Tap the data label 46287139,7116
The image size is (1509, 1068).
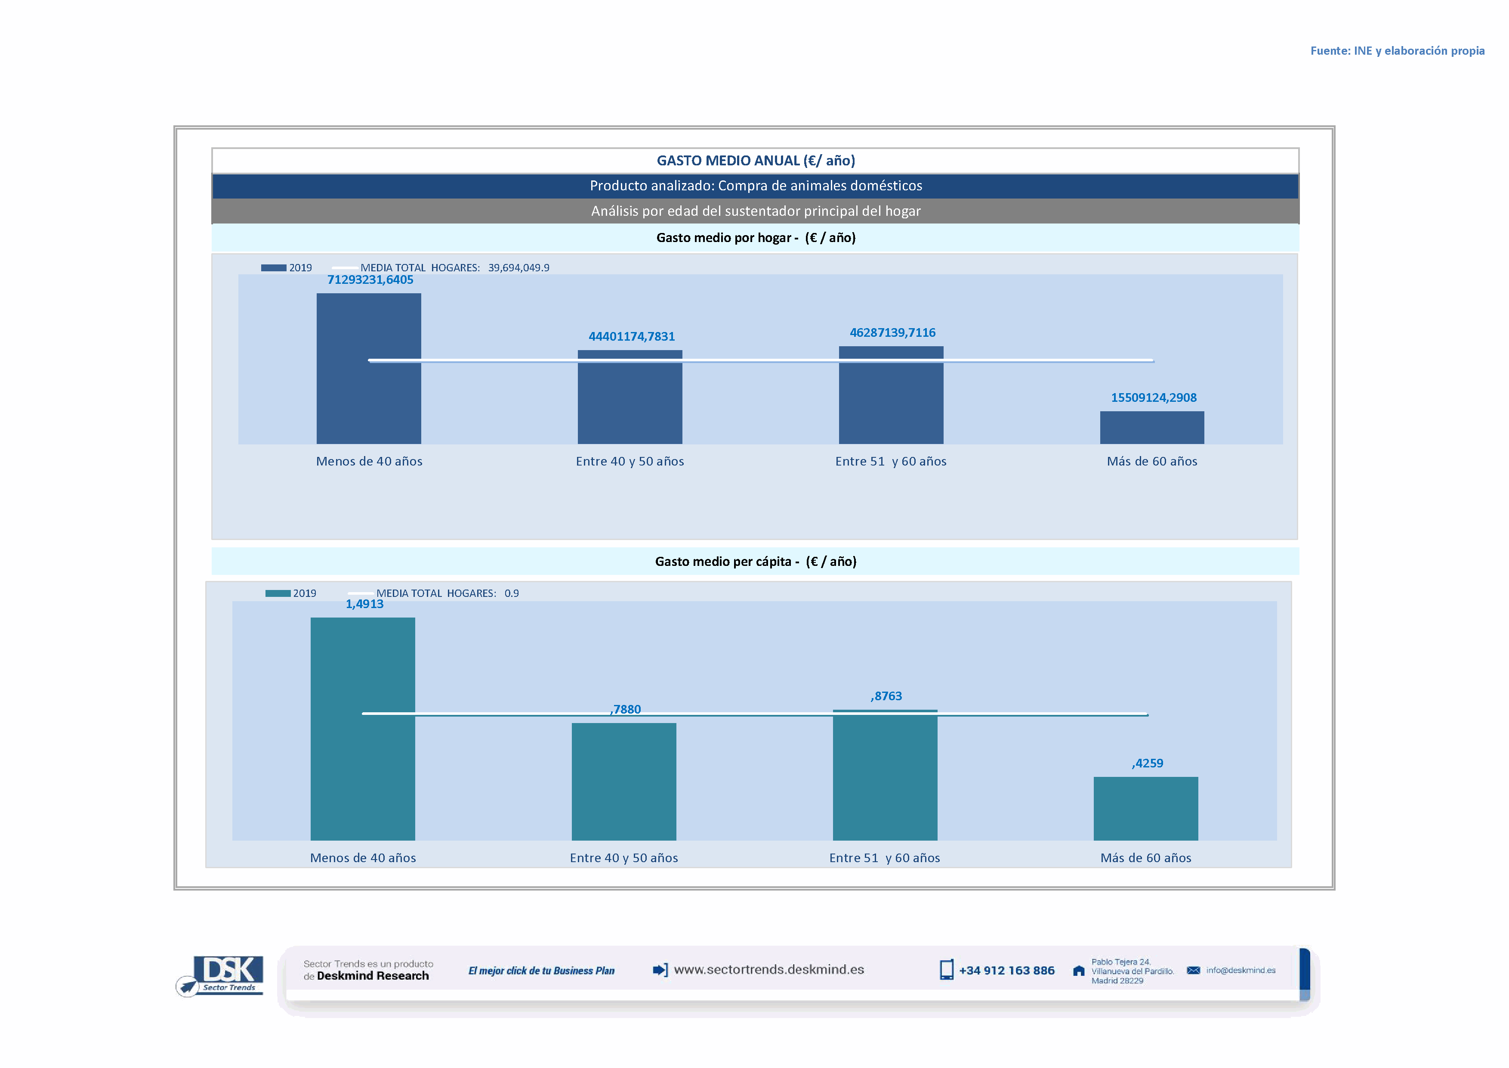coord(892,333)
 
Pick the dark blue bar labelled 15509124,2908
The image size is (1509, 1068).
coord(1151,428)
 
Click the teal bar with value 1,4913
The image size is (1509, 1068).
coord(363,729)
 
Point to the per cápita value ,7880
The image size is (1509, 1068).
coord(625,710)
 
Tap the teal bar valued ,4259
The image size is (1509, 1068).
coord(1145,808)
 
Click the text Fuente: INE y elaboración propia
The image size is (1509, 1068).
coord(1397,51)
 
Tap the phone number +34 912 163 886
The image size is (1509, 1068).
coord(1006,971)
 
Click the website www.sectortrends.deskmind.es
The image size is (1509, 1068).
coord(768,970)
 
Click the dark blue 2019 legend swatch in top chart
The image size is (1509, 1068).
coord(273,268)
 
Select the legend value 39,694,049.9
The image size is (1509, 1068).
coord(518,268)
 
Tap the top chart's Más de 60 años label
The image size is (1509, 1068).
coord(1151,462)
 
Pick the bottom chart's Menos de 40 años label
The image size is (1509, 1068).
coord(363,858)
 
